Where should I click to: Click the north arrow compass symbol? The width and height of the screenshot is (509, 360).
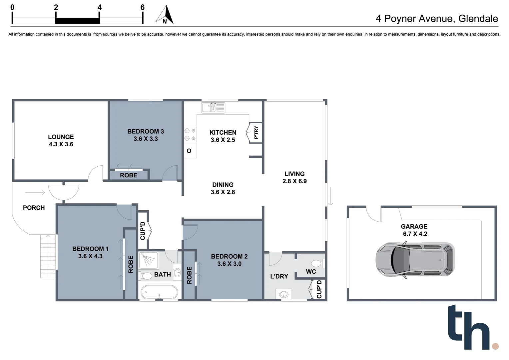pyautogui.click(x=165, y=15)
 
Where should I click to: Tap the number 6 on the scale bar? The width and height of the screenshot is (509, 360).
pyautogui.click(x=143, y=7)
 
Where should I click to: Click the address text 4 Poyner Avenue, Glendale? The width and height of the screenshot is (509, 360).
pyautogui.click(x=437, y=18)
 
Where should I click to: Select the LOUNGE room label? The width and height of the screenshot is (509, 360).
pyautogui.click(x=61, y=137)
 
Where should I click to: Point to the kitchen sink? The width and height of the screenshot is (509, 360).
pyautogui.click(x=213, y=108)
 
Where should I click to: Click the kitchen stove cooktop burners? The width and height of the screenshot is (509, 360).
pyautogui.click(x=190, y=135)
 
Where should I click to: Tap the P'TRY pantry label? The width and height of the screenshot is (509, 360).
pyautogui.click(x=256, y=132)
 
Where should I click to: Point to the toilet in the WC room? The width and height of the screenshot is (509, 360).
pyautogui.click(x=317, y=264)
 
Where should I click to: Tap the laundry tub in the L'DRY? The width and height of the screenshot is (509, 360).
pyautogui.click(x=283, y=294)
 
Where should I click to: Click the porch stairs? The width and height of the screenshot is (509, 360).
pyautogui.click(x=48, y=256)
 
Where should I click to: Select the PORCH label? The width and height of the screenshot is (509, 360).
pyautogui.click(x=34, y=208)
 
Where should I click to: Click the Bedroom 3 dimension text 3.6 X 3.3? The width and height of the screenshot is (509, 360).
pyautogui.click(x=146, y=139)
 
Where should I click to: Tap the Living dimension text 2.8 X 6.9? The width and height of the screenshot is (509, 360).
pyautogui.click(x=294, y=181)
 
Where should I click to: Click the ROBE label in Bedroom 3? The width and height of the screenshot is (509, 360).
pyautogui.click(x=129, y=175)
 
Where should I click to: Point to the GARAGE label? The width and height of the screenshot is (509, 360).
pyautogui.click(x=414, y=226)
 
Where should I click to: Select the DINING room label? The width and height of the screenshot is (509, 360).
pyautogui.click(x=223, y=185)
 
